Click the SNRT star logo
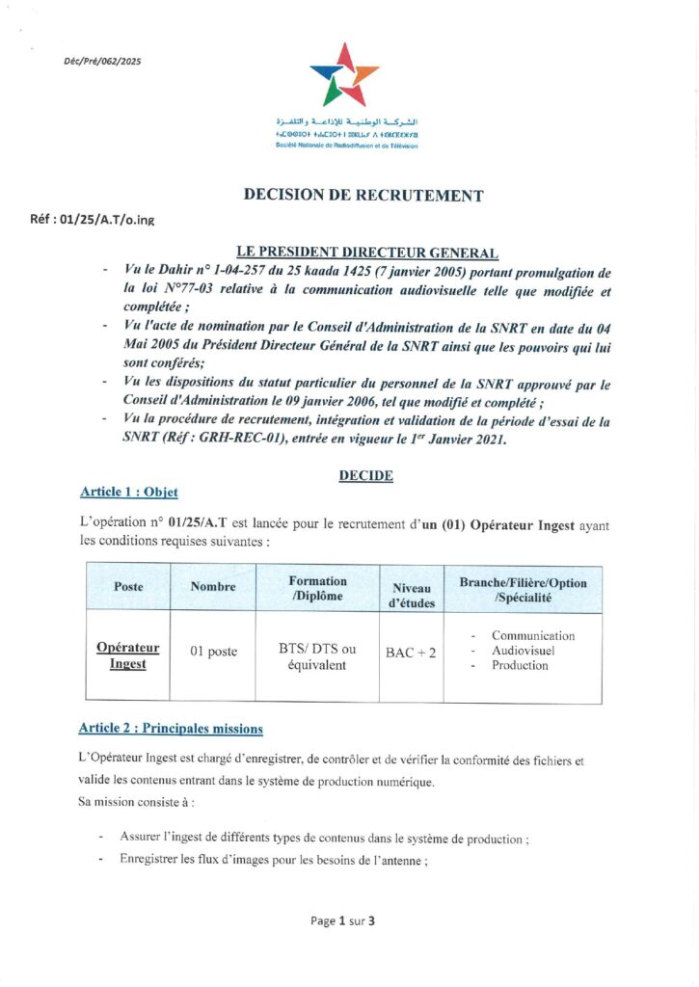344,73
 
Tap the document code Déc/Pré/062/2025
102,61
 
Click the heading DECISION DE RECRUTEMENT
363,196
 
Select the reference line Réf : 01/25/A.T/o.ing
93,220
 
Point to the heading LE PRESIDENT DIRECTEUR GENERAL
367,253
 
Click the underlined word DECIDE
365,475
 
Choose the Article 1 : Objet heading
129,493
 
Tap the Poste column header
128,587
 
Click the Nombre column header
213,587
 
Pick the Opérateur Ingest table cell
128,655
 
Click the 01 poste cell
213,653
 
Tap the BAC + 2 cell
411,654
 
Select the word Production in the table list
520,666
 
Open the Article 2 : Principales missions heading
171,728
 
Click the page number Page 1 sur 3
342,920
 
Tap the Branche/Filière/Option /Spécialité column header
523,590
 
